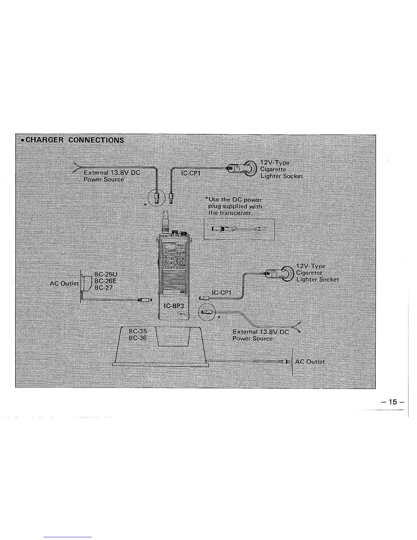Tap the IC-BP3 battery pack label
click(174, 306)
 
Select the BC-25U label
click(106, 275)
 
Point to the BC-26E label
click(106, 281)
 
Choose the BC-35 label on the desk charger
click(138, 331)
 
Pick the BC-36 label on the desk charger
click(138, 338)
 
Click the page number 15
click(393, 402)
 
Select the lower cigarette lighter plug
click(280, 273)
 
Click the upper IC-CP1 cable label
click(191, 174)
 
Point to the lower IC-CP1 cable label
click(221, 292)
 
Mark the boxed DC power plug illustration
click(239, 229)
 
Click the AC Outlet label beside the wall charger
click(64, 284)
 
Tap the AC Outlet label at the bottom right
click(310, 362)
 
